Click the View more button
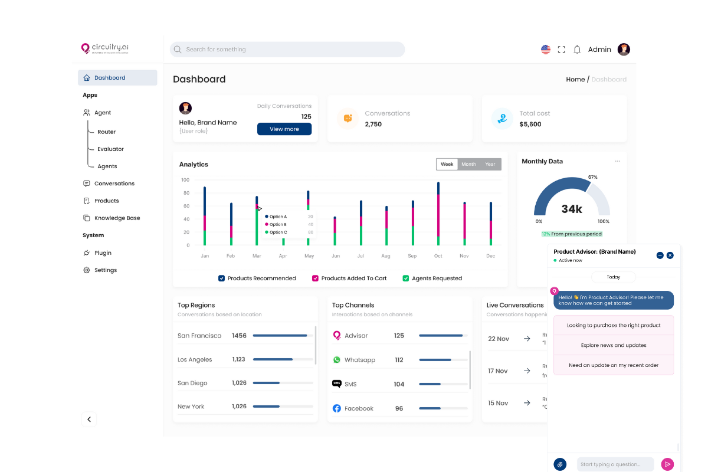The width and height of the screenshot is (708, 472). pyautogui.click(x=284, y=129)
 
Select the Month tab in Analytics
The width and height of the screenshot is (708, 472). pyautogui.click(x=468, y=164)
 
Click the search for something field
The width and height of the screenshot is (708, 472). pyautogui.click(x=287, y=50)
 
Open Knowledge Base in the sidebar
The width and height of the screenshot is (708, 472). pyautogui.click(x=117, y=218)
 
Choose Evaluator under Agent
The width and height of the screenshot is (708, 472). pyautogui.click(x=110, y=149)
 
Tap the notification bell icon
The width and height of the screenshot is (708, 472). pyautogui.click(x=577, y=50)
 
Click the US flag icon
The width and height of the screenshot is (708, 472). pyautogui.click(x=546, y=50)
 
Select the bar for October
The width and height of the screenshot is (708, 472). pyautogui.click(x=438, y=214)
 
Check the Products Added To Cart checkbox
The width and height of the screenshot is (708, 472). pyautogui.click(x=316, y=278)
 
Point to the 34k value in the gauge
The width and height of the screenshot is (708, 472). pyautogui.click(x=572, y=209)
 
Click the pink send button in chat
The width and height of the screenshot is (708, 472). pyautogui.click(x=667, y=464)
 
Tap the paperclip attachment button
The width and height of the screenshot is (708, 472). pyautogui.click(x=560, y=464)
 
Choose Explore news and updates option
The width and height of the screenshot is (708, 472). pyautogui.click(x=614, y=345)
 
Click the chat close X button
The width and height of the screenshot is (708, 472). pyautogui.click(x=670, y=255)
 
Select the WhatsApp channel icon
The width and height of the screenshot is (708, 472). pyautogui.click(x=337, y=360)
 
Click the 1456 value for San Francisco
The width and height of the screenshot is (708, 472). pyautogui.click(x=239, y=336)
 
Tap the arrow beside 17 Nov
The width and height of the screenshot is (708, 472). pyautogui.click(x=527, y=371)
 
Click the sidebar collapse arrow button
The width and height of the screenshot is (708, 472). pyautogui.click(x=89, y=419)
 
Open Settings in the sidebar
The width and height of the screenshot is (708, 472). pyautogui.click(x=105, y=270)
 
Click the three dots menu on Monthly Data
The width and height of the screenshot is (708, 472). pyautogui.click(x=617, y=161)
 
